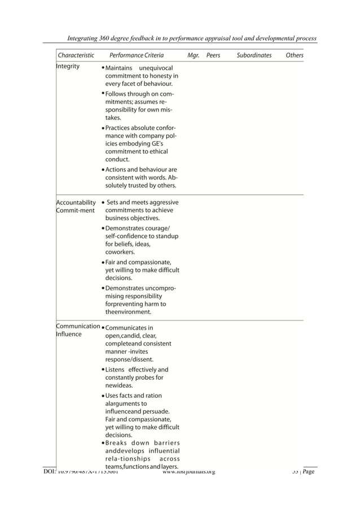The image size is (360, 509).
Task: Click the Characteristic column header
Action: click(76, 56)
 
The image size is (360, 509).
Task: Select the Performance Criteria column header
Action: click(137, 56)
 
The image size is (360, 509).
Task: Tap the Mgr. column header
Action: click(193, 56)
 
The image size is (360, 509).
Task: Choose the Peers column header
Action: click(213, 56)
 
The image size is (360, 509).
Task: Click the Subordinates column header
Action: click(254, 56)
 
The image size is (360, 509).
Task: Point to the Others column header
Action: click(295, 56)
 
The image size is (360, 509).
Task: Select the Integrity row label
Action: click(68, 67)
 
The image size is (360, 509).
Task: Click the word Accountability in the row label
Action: click(76, 203)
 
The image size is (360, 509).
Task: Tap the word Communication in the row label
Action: click(78, 326)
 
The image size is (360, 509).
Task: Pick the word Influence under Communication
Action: click(69, 334)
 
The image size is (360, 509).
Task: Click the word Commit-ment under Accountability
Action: click(75, 211)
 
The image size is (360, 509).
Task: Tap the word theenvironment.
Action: click(128, 311)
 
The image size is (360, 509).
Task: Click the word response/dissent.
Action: click(129, 359)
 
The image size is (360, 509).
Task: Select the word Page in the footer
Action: click(308, 472)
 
